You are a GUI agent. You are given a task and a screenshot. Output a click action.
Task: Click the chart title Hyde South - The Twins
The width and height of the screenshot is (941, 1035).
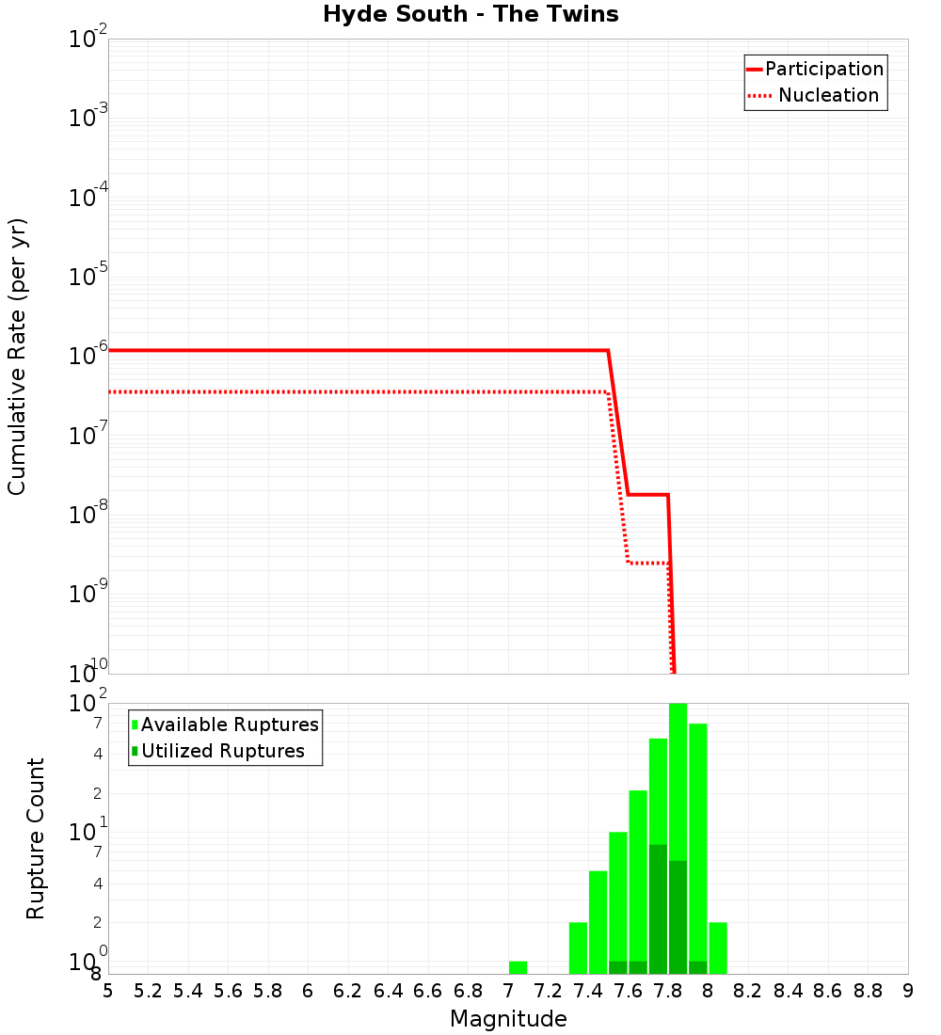tap(470, 14)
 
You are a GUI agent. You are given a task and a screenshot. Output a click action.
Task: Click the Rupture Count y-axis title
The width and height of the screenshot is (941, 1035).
tap(36, 837)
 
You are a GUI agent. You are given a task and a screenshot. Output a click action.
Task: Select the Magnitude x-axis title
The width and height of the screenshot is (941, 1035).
tap(508, 1018)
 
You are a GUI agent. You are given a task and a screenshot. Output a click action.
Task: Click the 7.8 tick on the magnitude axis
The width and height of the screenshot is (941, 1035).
tap(668, 991)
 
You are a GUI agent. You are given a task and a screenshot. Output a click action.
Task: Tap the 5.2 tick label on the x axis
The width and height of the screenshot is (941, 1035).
tap(149, 991)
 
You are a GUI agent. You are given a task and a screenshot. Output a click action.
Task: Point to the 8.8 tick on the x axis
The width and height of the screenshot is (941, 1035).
tap(868, 991)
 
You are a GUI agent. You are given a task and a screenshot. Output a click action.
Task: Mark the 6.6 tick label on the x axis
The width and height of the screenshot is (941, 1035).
tap(428, 991)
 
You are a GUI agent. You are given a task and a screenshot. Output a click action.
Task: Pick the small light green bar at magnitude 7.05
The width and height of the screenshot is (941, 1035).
tap(518, 967)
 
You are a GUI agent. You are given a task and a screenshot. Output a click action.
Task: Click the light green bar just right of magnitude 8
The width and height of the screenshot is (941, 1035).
tap(718, 947)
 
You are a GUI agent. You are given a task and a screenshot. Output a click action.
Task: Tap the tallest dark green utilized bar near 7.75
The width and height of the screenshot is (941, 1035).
tap(658, 908)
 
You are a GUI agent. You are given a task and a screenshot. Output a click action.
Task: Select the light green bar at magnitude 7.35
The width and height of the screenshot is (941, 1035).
tap(578, 947)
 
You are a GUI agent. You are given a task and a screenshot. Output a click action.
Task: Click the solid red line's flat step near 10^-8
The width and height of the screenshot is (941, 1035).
tap(647, 494)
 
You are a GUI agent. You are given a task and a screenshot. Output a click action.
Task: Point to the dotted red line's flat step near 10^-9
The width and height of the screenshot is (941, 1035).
tap(647, 563)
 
